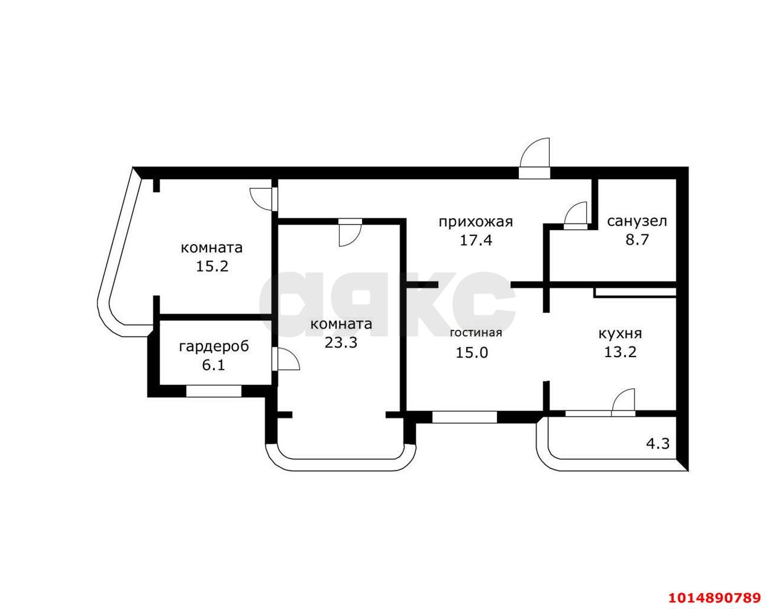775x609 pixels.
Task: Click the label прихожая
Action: click(475, 222)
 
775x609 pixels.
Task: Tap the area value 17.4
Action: click(475, 240)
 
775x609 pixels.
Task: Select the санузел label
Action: click(637, 221)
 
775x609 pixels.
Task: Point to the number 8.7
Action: click(637, 240)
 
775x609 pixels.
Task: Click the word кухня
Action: click(620, 333)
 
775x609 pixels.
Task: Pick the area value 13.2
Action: click(620, 352)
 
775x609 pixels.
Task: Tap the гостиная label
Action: click(476, 332)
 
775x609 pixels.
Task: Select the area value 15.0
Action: click(472, 352)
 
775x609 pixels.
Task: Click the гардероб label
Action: click(214, 346)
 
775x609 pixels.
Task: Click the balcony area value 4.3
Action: click(658, 443)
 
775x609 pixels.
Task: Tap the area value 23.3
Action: click(341, 343)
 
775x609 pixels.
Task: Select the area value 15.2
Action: click(212, 266)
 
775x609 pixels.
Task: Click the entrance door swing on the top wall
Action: click(536, 154)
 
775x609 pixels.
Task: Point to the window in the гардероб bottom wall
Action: click(214, 391)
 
